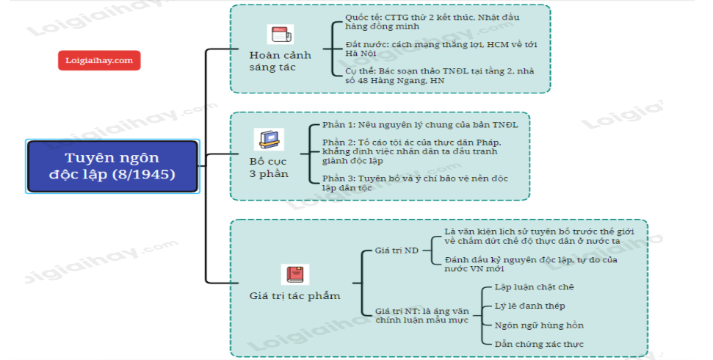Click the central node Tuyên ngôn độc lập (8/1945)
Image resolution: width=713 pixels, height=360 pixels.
click(112, 167)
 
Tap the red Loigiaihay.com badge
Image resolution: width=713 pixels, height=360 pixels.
click(99, 60)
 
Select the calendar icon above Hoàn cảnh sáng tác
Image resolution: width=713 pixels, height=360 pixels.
click(280, 34)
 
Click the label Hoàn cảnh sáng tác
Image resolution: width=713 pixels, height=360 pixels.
click(280, 61)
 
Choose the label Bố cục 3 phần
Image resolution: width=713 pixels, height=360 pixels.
click(268, 168)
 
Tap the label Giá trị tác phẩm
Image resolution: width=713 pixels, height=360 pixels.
click(295, 295)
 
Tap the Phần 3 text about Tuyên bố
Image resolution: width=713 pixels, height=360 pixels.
click(414, 182)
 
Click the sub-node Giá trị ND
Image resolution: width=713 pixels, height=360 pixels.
click(397, 251)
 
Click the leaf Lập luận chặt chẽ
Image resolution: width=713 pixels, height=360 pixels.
click(534, 287)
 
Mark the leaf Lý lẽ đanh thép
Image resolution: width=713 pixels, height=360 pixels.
click(529, 305)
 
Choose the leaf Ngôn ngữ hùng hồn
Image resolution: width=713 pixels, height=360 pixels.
click(538, 324)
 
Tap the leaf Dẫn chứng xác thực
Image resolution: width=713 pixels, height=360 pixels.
click(538, 343)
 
